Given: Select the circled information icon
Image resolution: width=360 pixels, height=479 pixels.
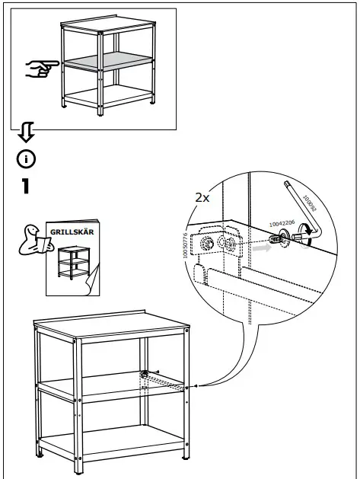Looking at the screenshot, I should [27, 159].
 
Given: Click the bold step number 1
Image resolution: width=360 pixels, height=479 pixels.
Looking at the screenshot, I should [26, 187].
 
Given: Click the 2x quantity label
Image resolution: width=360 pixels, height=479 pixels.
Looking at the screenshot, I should [202, 197].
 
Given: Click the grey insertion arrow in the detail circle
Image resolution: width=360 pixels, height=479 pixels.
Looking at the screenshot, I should [262, 247].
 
